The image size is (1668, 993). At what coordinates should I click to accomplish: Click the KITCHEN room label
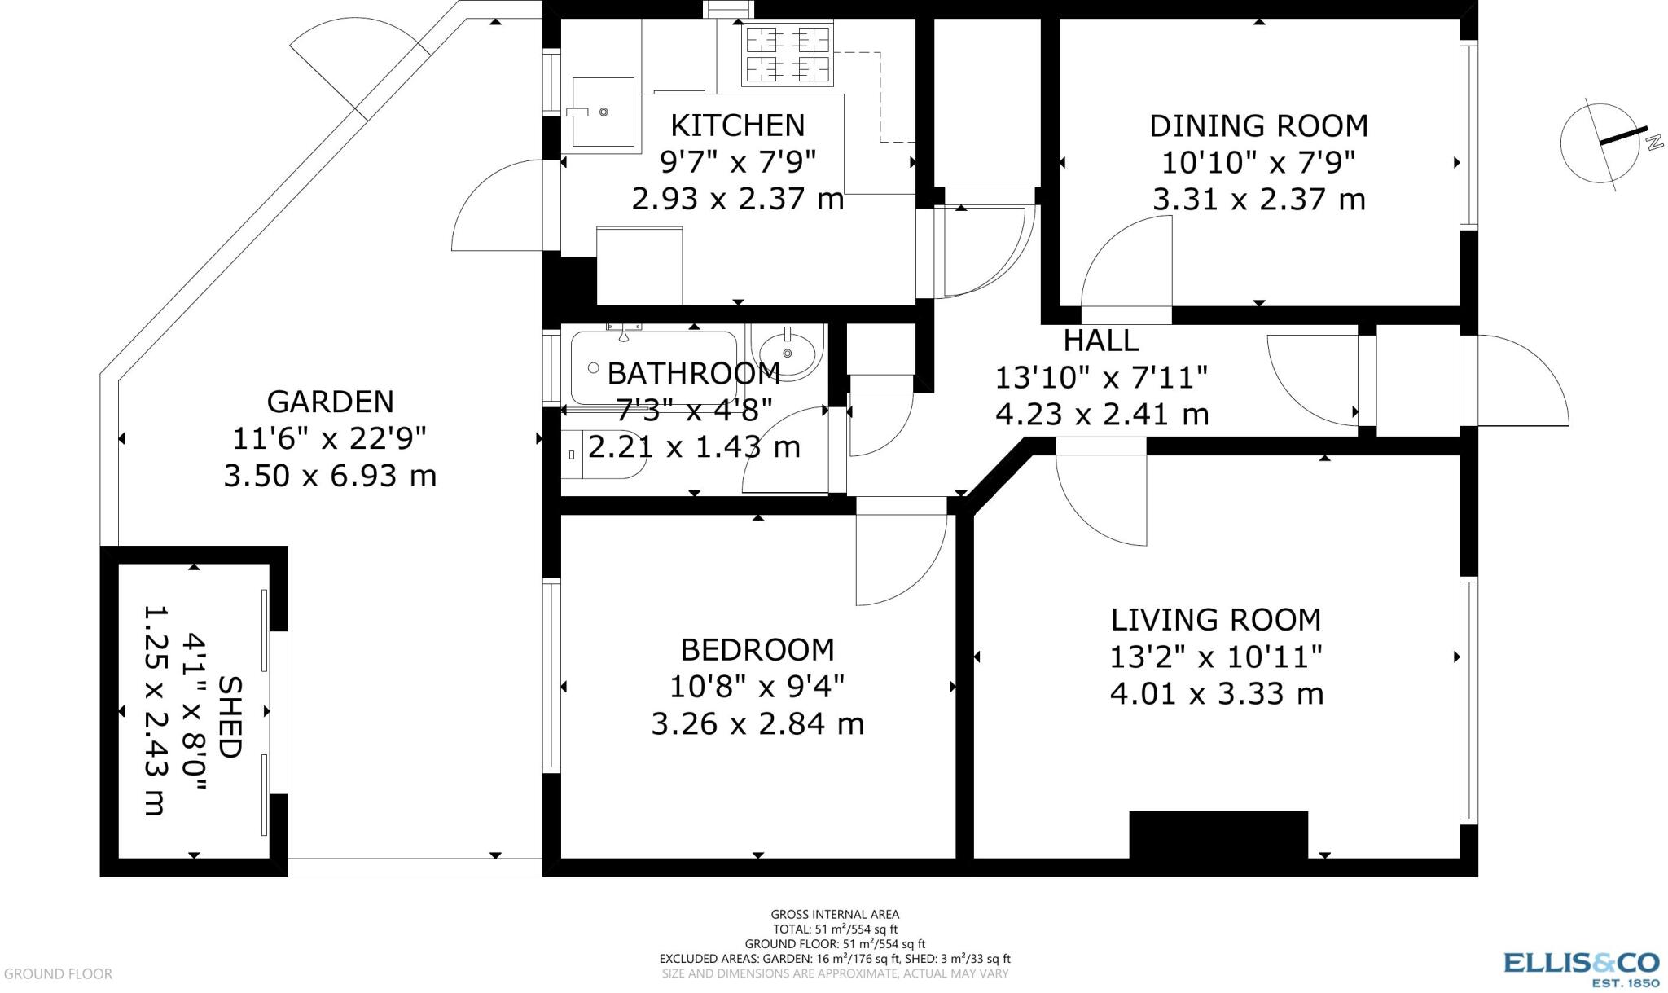(x=737, y=125)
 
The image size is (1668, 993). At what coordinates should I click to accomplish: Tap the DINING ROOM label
(x=1258, y=125)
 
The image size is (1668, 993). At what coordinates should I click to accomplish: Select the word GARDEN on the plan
(x=330, y=402)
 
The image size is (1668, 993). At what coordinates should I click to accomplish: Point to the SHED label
(x=230, y=717)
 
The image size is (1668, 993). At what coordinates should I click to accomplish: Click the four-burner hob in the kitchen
(x=788, y=55)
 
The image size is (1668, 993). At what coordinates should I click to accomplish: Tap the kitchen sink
(x=603, y=112)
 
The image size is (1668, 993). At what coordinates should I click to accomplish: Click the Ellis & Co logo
(x=1581, y=969)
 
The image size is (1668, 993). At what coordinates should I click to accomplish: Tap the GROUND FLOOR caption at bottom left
(x=58, y=973)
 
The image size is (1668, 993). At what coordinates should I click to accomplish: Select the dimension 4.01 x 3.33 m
(x=1216, y=694)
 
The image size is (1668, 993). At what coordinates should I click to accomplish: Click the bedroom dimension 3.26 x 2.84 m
(x=757, y=723)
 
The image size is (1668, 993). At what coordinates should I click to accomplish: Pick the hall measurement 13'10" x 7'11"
(x=1101, y=377)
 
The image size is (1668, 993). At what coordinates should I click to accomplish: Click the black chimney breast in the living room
(x=1218, y=834)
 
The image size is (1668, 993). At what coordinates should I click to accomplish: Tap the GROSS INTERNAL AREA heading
(x=835, y=915)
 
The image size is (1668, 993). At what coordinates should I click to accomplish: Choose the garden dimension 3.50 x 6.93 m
(x=330, y=476)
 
